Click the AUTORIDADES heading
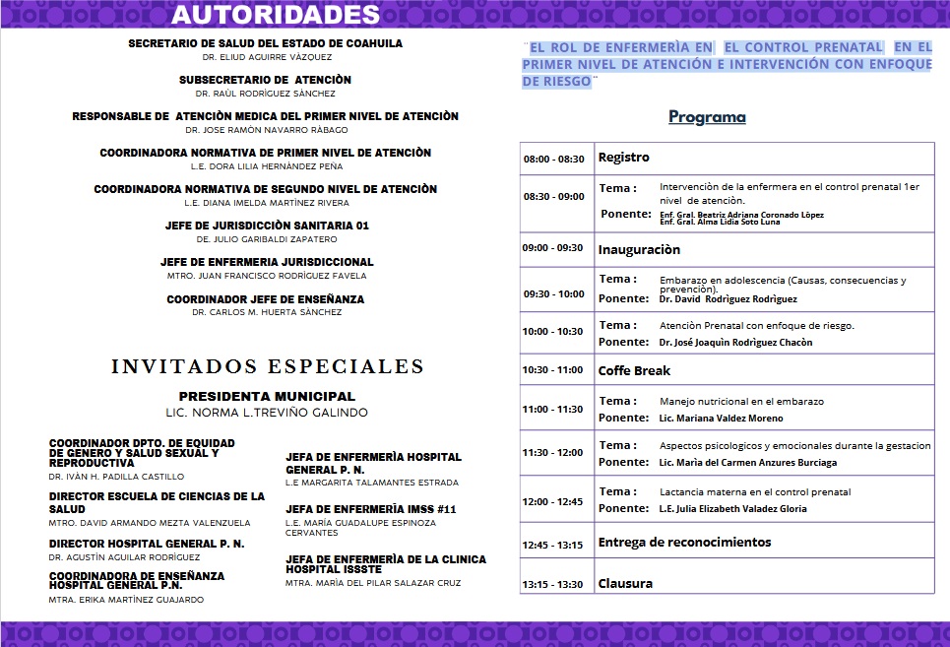click(276, 15)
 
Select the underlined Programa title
click(707, 117)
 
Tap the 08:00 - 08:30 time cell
click(553, 159)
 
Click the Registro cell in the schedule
click(624, 158)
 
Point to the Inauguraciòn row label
click(639, 249)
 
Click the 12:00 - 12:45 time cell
click(553, 501)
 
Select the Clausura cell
click(625, 583)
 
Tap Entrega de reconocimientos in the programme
click(684, 542)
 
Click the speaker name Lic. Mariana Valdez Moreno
click(721, 419)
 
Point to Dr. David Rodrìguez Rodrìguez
click(728, 299)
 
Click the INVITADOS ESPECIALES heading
click(268, 366)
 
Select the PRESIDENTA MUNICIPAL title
click(267, 396)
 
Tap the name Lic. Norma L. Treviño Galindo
click(267, 412)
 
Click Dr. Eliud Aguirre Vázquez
click(265, 58)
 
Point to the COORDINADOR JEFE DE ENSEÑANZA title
click(266, 298)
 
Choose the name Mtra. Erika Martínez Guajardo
click(127, 600)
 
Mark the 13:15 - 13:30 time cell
click(553, 585)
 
